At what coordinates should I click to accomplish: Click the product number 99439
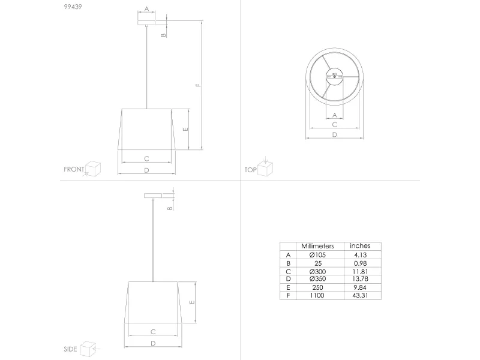(x=73, y=7)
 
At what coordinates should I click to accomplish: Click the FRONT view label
(x=74, y=169)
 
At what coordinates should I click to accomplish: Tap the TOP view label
(x=250, y=170)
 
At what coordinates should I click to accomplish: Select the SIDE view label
(x=70, y=349)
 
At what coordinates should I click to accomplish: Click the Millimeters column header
(x=317, y=246)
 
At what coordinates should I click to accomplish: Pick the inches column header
(x=360, y=246)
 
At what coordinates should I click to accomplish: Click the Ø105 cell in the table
(x=317, y=255)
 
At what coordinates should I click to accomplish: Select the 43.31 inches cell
(x=360, y=296)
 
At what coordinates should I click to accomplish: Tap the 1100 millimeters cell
(x=317, y=296)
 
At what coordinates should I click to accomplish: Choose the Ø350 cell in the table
(x=317, y=279)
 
